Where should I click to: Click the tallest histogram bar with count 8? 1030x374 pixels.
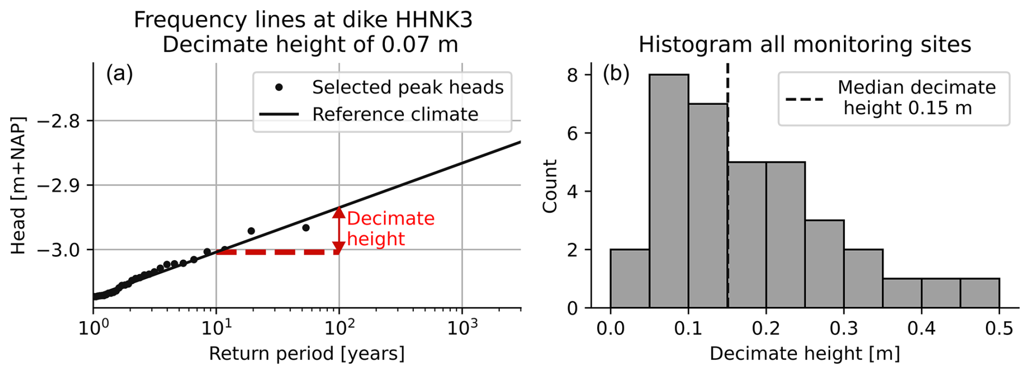669,191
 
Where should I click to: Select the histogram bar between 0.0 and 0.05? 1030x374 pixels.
629,279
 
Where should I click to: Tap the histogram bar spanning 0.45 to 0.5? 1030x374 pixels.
979,293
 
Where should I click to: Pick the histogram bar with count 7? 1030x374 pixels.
708,206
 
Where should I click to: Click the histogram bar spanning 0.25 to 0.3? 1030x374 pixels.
824,264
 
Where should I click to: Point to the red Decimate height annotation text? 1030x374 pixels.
390,228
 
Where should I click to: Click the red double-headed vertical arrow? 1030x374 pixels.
339,230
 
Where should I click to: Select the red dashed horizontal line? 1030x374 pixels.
278,252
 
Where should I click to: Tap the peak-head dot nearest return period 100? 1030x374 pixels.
306,227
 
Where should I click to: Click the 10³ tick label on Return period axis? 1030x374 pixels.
462,328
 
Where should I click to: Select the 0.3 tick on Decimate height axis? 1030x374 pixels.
844,328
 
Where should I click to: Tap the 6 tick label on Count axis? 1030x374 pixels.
572,133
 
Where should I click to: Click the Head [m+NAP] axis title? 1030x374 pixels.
19,185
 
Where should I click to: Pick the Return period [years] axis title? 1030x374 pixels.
306,354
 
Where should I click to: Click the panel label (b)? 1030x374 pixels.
616,74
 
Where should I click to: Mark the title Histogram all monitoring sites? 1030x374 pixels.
804,44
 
